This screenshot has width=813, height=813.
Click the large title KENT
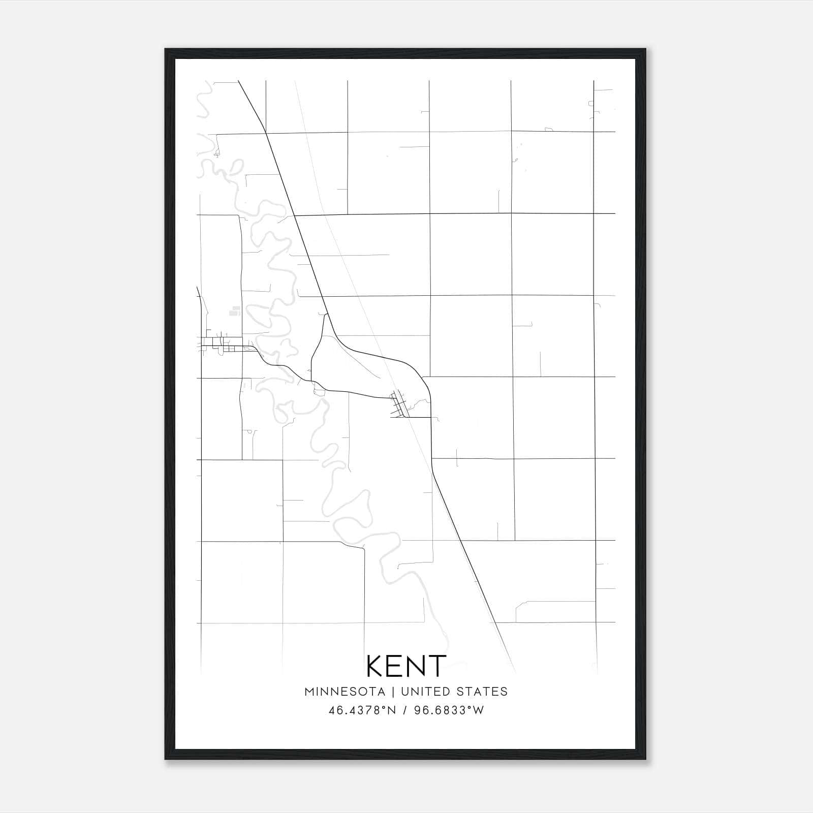tap(406, 666)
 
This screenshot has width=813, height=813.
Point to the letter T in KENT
tap(437, 666)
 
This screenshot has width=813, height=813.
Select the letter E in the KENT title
tap(395, 666)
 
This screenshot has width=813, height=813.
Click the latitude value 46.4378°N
tap(361, 710)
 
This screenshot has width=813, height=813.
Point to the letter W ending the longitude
tap(479, 710)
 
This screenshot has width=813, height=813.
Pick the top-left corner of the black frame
tap(165, 49)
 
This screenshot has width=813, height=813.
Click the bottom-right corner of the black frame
tap(645, 759)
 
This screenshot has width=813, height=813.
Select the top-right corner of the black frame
tap(645, 49)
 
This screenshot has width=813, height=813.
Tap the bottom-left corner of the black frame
tap(165, 759)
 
